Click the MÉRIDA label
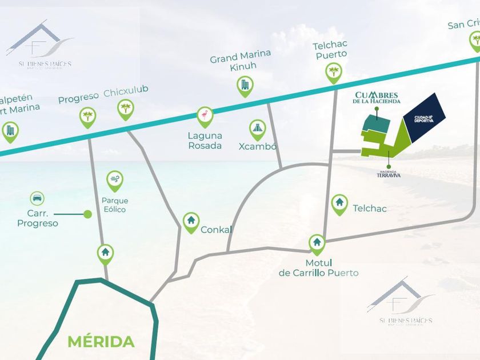101,342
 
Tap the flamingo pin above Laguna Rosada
205,117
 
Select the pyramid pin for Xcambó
257,129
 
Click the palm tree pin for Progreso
87,117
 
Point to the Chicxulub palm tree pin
125,109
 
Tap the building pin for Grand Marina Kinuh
245,86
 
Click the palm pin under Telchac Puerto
333,73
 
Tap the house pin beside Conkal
191,221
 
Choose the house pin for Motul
317,243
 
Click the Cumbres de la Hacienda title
377,97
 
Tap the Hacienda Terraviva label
389,173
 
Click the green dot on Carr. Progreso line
87,214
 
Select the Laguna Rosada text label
205,141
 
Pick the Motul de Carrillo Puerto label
318,269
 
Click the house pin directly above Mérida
105,252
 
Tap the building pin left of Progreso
10,131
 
